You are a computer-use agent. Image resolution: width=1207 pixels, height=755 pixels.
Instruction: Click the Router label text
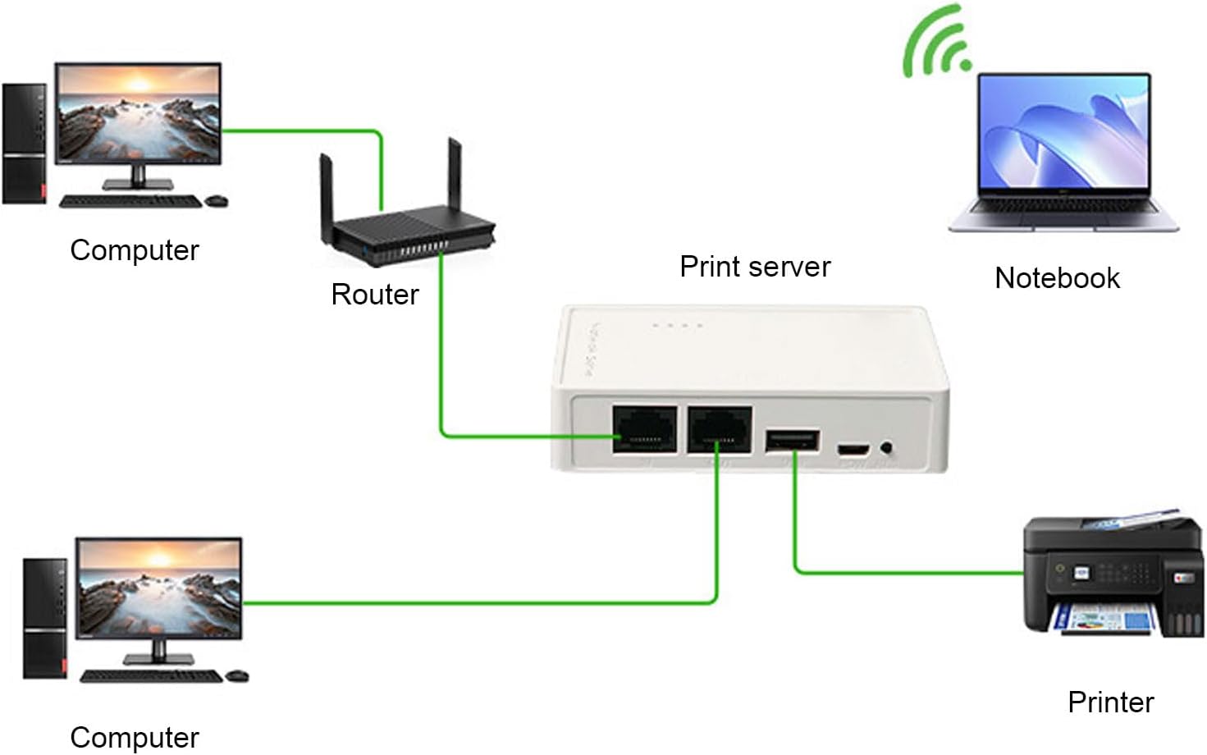tap(375, 295)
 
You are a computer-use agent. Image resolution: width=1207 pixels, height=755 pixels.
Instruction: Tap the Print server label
tap(755, 267)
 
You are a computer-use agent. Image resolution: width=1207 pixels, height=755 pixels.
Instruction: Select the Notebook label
tap(1057, 278)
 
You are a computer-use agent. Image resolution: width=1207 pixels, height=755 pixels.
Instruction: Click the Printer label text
tap(1110, 702)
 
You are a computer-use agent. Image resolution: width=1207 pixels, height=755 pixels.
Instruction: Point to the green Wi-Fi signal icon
tap(938, 43)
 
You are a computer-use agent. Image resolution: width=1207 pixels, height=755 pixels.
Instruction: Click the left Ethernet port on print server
tap(645, 429)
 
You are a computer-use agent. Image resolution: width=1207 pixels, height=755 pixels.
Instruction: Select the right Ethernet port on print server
tap(720, 429)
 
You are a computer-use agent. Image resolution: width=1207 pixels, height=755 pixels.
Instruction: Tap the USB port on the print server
tap(792, 441)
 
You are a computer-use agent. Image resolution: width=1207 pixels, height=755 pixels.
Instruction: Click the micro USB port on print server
tap(853, 449)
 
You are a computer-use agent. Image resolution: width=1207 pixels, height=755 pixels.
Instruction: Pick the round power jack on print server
tap(887, 448)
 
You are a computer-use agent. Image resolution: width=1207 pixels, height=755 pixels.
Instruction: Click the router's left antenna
tap(327, 193)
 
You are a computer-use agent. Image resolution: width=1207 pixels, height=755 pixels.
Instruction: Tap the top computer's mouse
tap(217, 200)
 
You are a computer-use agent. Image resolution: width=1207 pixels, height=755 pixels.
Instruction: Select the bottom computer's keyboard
tap(151, 676)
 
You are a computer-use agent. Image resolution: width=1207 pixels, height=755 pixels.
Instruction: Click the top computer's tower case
tap(24, 144)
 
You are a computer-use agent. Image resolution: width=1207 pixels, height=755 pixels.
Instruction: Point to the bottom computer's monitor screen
tap(159, 587)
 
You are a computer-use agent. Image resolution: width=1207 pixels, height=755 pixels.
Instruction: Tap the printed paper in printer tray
tap(1104, 619)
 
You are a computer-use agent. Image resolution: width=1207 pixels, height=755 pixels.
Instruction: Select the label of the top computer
tap(135, 250)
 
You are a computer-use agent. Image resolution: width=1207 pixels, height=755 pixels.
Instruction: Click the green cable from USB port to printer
tap(903, 572)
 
